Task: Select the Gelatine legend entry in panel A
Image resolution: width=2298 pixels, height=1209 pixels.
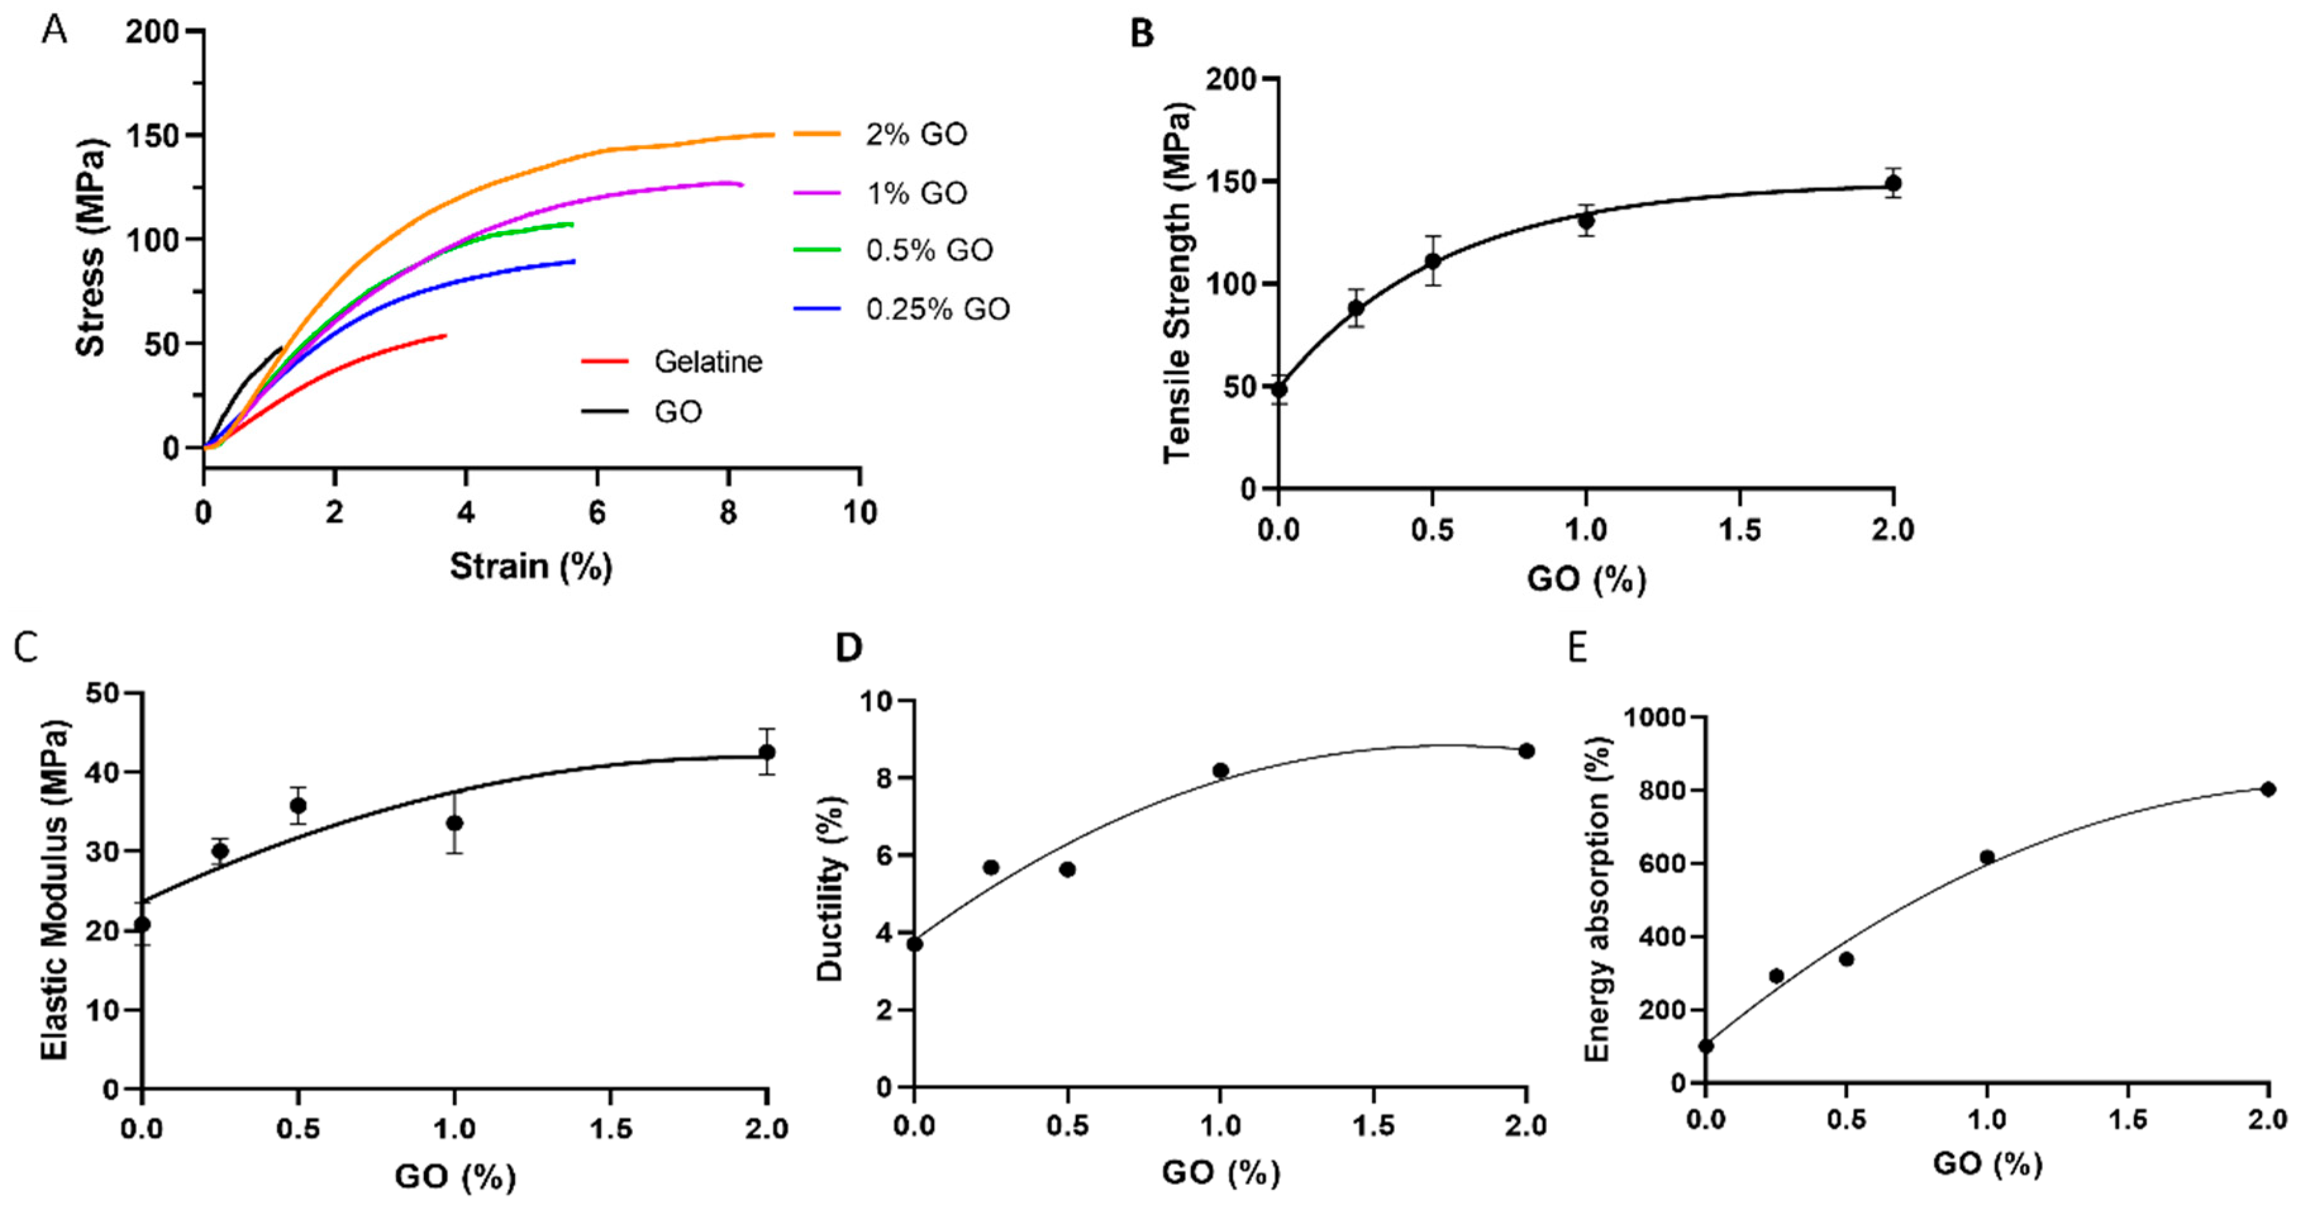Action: click(708, 361)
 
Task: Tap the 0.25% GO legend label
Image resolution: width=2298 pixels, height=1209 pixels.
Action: click(937, 309)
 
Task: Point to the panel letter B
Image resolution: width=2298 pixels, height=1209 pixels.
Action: click(1141, 34)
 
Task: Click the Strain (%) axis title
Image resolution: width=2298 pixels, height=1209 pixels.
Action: click(531, 566)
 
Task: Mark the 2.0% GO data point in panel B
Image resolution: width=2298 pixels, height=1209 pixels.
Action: click(1893, 183)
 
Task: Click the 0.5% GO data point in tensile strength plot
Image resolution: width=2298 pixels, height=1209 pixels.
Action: click(1433, 261)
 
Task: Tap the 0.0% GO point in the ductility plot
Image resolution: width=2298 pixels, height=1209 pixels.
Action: click(915, 944)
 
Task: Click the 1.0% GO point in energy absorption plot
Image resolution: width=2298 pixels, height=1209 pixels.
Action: click(1987, 856)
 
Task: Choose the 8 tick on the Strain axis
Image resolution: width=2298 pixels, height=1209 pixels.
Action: click(728, 512)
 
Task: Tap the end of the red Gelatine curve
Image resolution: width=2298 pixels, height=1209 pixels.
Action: click(445, 335)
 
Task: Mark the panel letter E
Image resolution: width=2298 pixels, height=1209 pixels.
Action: click(1577, 648)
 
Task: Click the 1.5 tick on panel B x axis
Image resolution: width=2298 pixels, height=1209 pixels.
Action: click(1740, 530)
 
